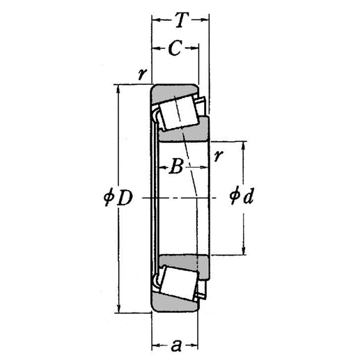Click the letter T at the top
click(x=180, y=21)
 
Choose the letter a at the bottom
click(x=175, y=344)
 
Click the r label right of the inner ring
click(x=219, y=156)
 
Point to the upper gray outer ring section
click(x=171, y=93)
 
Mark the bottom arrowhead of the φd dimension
click(x=243, y=252)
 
